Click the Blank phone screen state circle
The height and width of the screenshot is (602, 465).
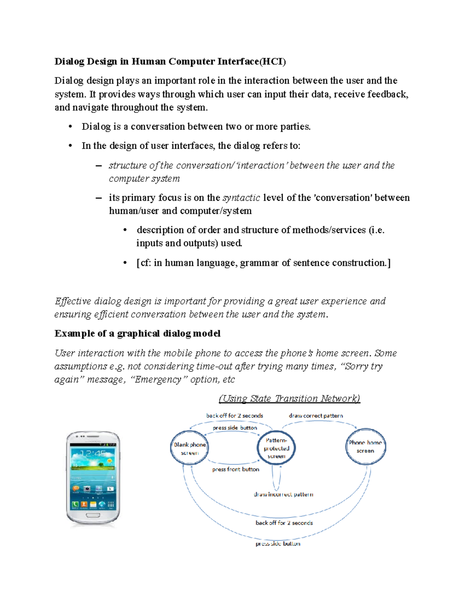point(189,448)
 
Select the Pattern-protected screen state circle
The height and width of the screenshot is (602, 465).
point(276,448)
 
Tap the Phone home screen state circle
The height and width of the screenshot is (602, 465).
point(365,447)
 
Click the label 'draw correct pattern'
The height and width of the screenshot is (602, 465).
point(316,416)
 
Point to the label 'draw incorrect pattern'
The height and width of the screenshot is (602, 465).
point(283,494)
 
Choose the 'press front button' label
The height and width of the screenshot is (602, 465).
point(236,469)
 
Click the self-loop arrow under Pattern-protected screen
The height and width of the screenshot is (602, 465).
point(276,479)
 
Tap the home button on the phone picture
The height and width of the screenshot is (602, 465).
point(93,516)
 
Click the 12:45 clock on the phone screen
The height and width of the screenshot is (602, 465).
point(93,454)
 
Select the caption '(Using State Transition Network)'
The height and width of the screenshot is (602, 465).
point(289,398)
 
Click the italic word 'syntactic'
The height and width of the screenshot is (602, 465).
point(241,198)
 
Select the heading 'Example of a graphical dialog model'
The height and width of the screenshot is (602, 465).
point(138,333)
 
